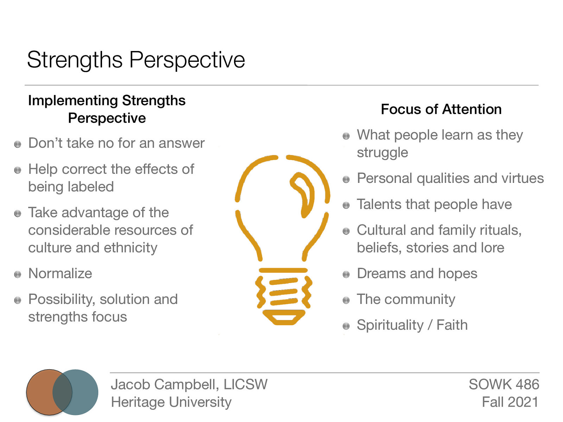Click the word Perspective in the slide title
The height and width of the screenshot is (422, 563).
(187, 60)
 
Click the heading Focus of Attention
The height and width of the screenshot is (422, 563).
(441, 109)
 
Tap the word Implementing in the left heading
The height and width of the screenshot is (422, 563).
(72, 101)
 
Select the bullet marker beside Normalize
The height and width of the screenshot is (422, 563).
(18, 274)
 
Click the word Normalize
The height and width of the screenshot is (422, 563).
(60, 274)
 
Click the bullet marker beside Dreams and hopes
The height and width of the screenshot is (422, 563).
(346, 274)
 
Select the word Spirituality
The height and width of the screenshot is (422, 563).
(390, 325)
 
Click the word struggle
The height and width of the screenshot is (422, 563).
(382, 153)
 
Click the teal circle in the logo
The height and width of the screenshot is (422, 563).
(84, 392)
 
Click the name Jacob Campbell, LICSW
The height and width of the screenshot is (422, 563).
(189, 384)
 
